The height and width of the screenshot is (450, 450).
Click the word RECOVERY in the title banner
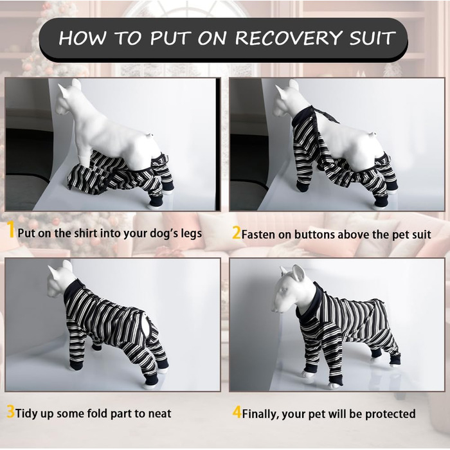click(289, 37)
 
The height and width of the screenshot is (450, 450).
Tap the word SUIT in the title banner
click(372, 37)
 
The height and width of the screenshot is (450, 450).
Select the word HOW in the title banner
click(83, 37)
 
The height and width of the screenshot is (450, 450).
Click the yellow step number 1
click(11, 230)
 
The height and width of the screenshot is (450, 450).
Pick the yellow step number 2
click(236, 233)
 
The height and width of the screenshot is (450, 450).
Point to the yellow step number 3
click(10, 412)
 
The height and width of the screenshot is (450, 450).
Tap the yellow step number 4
click(237, 413)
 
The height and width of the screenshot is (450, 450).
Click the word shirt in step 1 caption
click(85, 233)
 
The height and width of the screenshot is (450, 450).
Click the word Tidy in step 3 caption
click(25, 413)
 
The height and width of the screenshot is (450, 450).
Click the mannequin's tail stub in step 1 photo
click(150, 134)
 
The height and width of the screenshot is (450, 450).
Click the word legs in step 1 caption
click(191, 233)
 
